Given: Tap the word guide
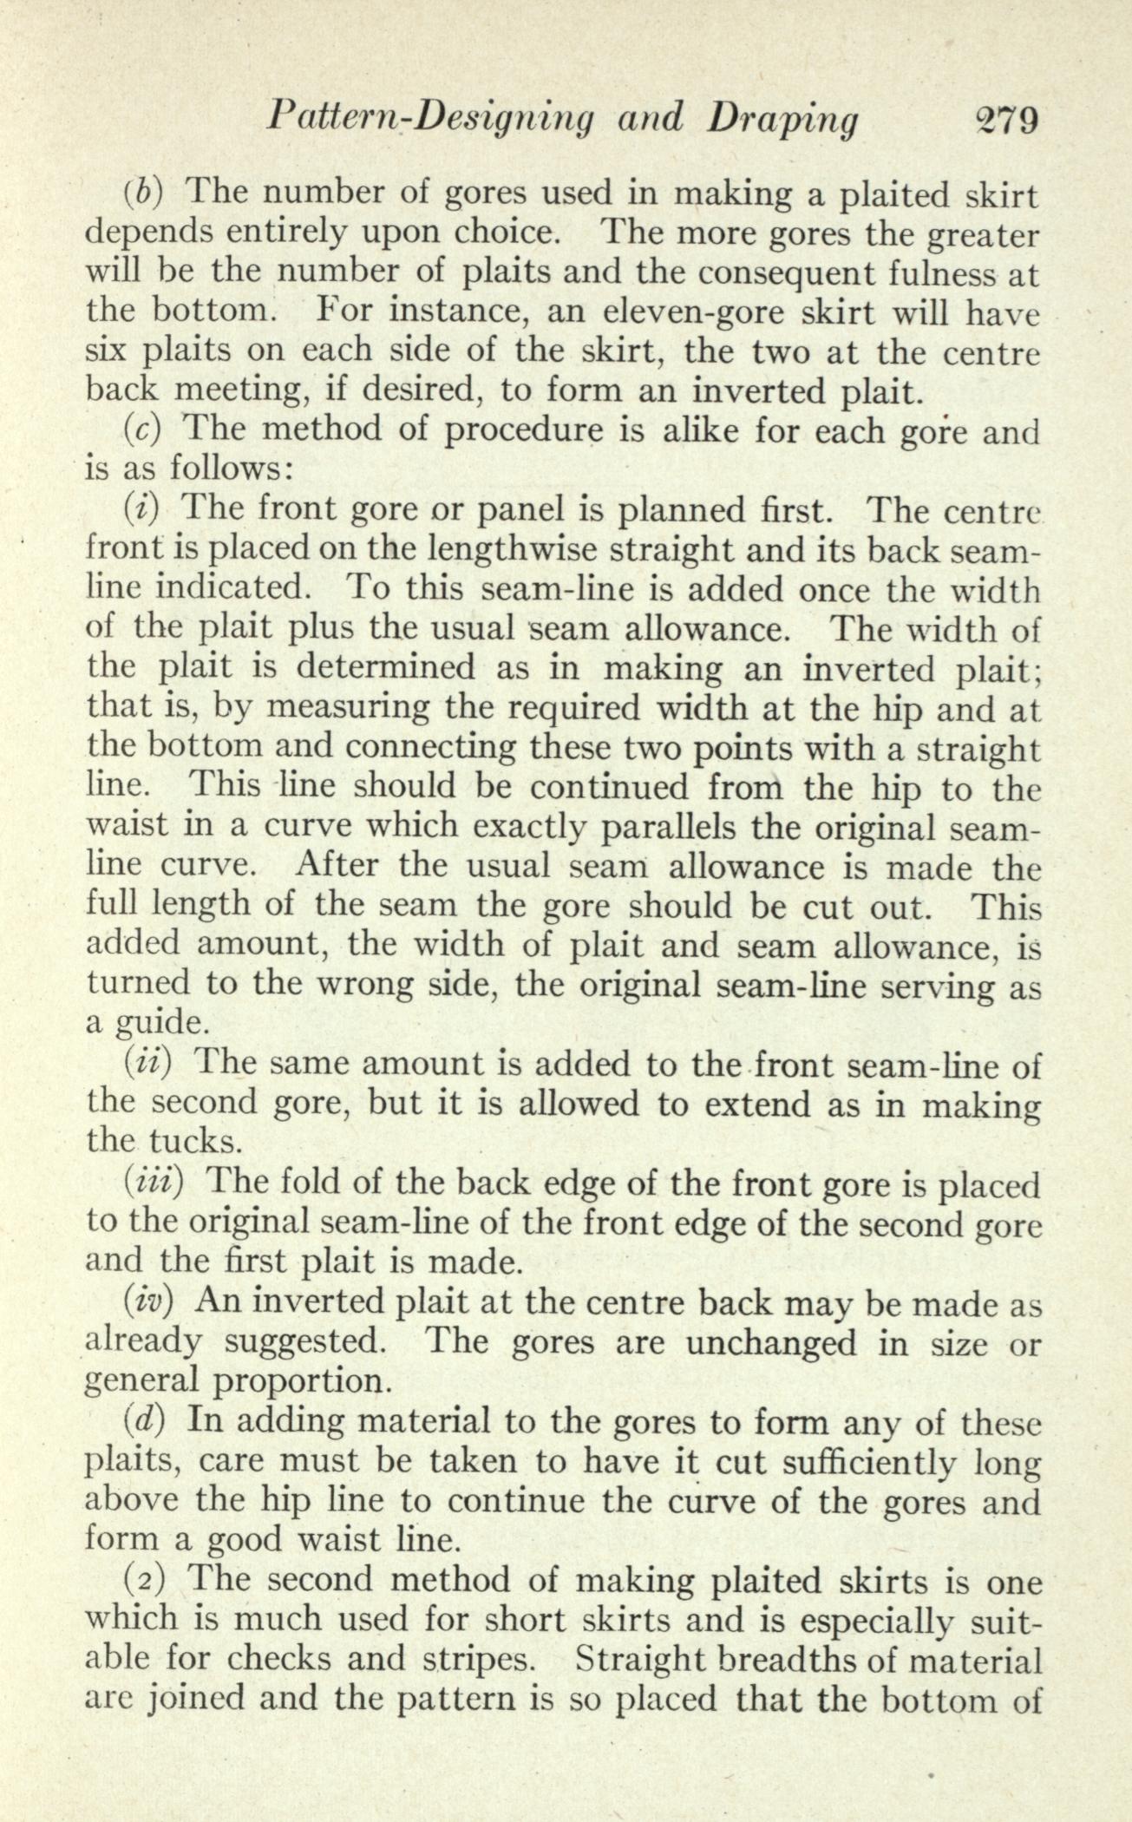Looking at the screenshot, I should pos(160,1024).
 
